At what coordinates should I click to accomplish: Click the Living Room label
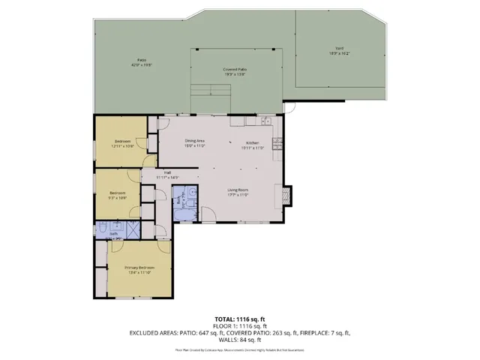tap(238, 190)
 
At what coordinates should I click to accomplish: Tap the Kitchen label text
tap(252, 143)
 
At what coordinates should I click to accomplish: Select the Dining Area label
tap(196, 141)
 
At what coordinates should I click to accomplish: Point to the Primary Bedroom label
tap(139, 268)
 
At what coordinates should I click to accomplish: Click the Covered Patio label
tap(235, 70)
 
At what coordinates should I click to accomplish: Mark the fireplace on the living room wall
tap(287, 193)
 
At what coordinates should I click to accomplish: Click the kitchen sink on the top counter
tap(263, 121)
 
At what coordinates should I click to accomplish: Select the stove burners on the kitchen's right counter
tap(277, 141)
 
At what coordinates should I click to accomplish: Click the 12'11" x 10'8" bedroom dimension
tap(123, 145)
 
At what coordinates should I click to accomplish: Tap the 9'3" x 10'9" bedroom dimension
tap(117, 197)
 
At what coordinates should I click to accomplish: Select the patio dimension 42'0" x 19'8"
tap(141, 65)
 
